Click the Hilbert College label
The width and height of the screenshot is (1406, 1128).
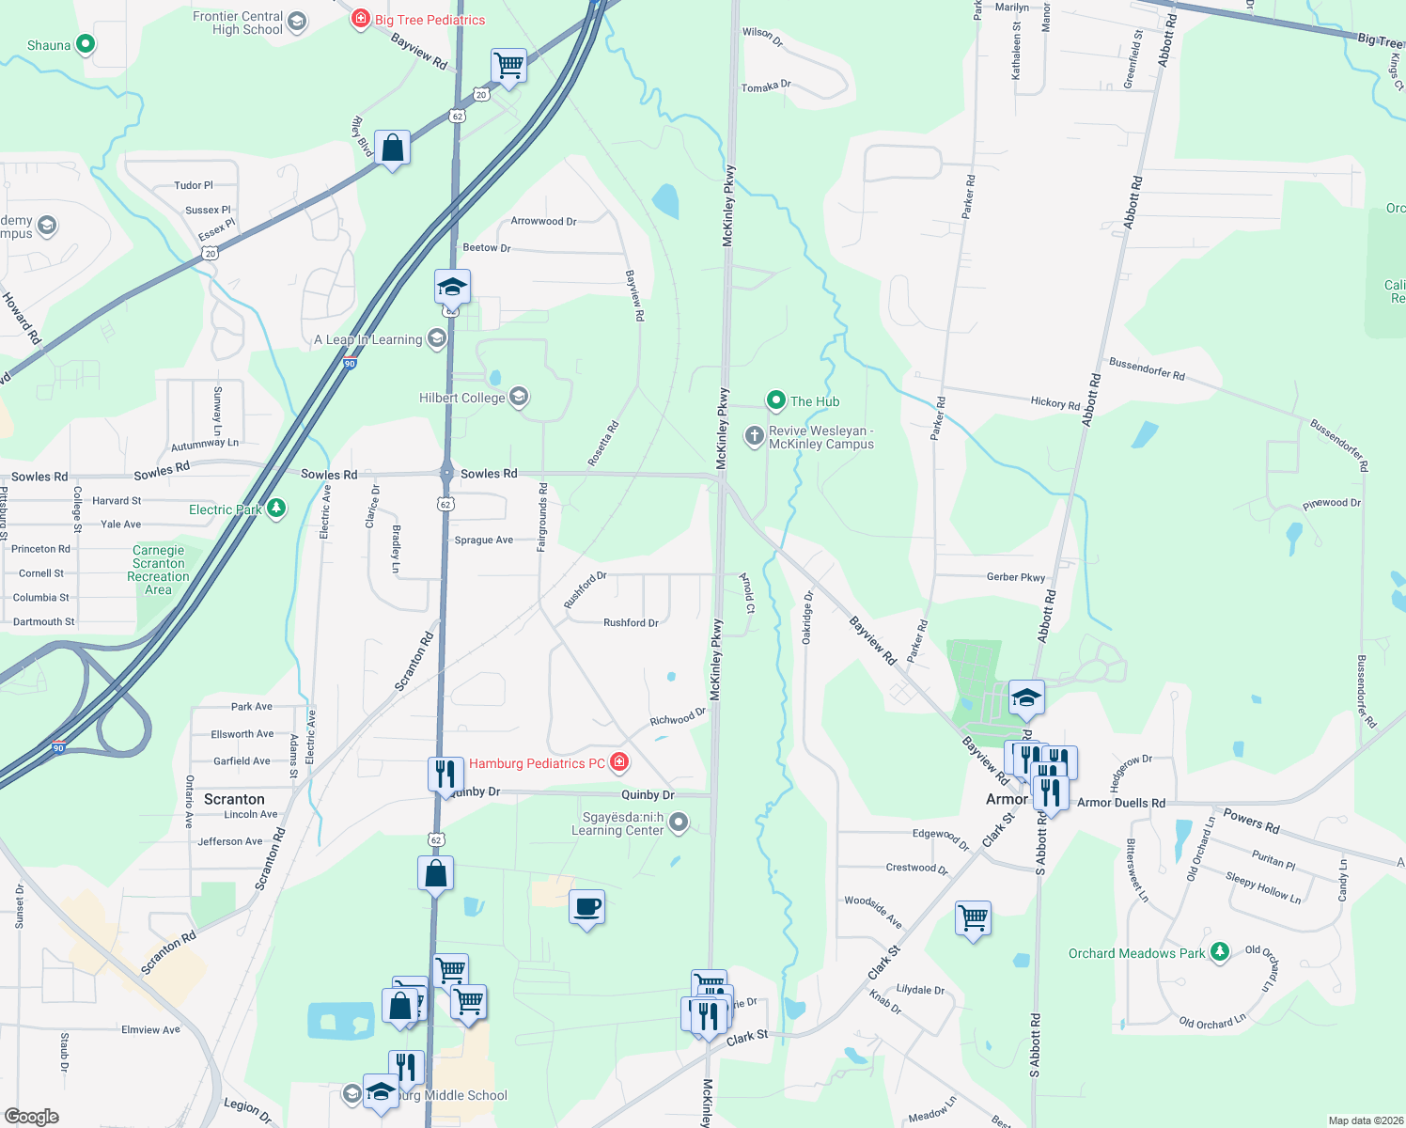462,398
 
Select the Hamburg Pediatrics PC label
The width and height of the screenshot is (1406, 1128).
537,763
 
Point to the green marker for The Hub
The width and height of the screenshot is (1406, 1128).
776,401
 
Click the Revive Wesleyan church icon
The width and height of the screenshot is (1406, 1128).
754,436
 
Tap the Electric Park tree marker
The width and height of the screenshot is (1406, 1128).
276,509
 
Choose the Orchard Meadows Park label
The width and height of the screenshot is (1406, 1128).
1136,953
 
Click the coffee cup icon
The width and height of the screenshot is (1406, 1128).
587,908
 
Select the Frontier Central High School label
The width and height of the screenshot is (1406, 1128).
238,23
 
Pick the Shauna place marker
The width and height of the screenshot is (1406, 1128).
86,43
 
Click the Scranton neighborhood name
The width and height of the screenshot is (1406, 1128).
234,799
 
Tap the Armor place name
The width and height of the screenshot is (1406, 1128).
1007,799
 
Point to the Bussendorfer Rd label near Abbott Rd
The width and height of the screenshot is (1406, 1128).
1147,368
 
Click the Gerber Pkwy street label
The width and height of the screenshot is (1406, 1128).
1016,577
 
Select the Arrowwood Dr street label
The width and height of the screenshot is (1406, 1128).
543,221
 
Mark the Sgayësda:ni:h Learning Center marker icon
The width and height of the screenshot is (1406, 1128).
679,823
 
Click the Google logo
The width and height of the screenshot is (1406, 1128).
32,1117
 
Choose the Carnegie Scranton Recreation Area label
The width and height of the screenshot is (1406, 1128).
158,571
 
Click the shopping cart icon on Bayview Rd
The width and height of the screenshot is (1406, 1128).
508,66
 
